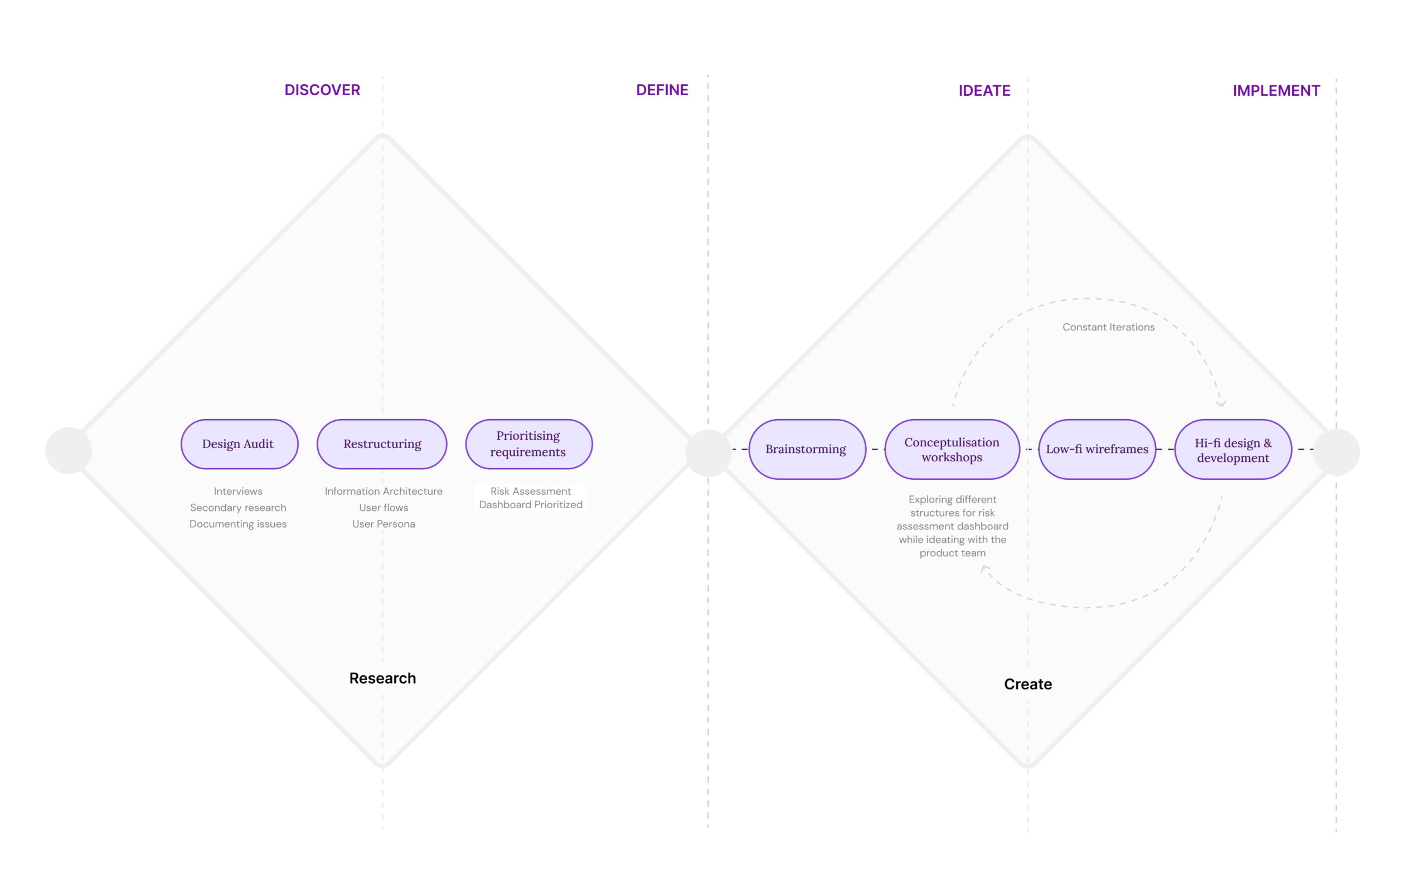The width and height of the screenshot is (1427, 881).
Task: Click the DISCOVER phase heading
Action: tap(322, 90)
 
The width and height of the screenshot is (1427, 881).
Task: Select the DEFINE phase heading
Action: tap(662, 90)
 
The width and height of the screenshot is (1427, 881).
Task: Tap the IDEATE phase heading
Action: tap(984, 90)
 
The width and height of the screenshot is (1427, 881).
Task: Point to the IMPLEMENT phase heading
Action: tap(1276, 90)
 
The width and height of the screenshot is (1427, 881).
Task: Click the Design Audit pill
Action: tap(240, 444)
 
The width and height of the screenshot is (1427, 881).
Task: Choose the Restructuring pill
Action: tap(382, 444)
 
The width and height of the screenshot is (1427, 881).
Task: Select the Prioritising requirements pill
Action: tap(528, 444)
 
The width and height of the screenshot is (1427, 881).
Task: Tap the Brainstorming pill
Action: tap(807, 449)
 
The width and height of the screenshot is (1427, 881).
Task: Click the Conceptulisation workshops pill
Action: tap(952, 449)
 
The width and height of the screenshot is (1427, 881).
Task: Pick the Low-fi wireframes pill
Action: tap(1097, 449)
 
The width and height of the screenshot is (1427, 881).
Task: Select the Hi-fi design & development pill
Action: tap(1234, 449)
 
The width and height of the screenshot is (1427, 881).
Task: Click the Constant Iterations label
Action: tap(1108, 327)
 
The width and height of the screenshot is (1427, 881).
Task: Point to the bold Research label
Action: tap(382, 678)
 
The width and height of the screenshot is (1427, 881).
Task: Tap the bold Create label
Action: tap(1028, 684)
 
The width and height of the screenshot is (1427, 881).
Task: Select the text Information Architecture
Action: tap(384, 491)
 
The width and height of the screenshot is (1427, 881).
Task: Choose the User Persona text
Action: tap(384, 524)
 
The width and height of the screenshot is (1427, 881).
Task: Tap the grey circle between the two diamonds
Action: tap(708, 452)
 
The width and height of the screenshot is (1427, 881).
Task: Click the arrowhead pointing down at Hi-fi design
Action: tap(1221, 403)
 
